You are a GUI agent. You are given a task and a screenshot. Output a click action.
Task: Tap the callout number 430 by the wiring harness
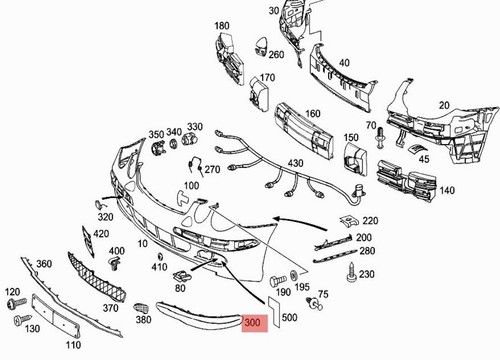(295, 163)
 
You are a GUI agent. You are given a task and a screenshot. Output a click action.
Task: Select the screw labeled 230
(352, 273)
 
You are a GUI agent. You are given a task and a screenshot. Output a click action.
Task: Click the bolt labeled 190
(278, 280)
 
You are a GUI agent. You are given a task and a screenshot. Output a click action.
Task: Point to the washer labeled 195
(294, 275)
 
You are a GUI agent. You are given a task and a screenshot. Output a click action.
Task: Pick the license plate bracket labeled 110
(55, 316)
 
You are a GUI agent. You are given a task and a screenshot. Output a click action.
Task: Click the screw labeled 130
(22, 320)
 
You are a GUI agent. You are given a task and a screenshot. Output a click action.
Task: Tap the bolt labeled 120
(17, 303)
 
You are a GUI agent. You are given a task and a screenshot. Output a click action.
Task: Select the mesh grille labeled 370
(97, 276)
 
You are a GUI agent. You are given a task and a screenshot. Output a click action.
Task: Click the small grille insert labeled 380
(140, 308)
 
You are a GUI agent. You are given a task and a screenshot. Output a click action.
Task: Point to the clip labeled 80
(182, 275)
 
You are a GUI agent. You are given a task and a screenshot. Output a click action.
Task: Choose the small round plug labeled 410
(160, 256)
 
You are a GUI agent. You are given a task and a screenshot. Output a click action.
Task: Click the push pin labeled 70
(380, 137)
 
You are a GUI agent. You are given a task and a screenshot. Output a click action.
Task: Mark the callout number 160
(313, 114)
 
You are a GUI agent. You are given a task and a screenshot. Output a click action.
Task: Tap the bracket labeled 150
(355, 158)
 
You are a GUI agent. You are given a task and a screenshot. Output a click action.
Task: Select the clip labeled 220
(349, 221)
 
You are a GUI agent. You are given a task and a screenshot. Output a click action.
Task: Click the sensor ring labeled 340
(173, 144)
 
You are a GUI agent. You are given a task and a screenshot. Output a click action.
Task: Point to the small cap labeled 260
(262, 45)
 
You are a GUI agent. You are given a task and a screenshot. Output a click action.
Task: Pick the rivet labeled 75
(315, 303)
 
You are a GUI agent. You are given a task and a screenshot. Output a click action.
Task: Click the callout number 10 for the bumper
(142, 244)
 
